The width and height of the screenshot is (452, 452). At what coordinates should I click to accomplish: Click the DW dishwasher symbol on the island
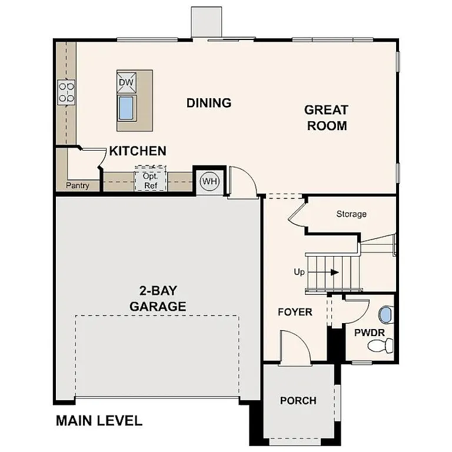pyautogui.click(x=127, y=82)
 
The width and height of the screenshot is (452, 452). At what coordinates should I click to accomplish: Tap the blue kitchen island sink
pyautogui.click(x=127, y=108)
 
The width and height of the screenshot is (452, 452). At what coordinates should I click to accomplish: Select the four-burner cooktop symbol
pyautogui.click(x=66, y=92)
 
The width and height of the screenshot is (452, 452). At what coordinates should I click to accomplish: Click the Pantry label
pyautogui.click(x=78, y=186)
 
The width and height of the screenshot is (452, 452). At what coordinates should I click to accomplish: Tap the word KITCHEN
pyautogui.click(x=138, y=151)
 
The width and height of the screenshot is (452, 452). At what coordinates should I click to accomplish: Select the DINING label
pyautogui.click(x=209, y=103)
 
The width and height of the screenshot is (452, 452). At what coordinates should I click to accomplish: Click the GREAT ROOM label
pyautogui.click(x=326, y=118)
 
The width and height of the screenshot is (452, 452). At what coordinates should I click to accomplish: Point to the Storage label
pyautogui.click(x=351, y=214)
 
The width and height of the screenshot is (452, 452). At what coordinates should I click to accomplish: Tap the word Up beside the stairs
pyautogui.click(x=300, y=272)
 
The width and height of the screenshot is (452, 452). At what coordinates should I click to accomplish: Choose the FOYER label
pyautogui.click(x=295, y=312)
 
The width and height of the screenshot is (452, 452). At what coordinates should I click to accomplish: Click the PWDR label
pyautogui.click(x=369, y=333)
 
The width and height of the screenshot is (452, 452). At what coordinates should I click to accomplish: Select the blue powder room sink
pyautogui.click(x=385, y=315)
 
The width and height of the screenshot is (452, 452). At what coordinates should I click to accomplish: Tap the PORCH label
pyautogui.click(x=298, y=401)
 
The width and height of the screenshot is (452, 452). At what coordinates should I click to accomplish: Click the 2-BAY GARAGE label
pyautogui.click(x=158, y=299)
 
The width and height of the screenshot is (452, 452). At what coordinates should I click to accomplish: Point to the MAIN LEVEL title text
pyautogui.click(x=99, y=421)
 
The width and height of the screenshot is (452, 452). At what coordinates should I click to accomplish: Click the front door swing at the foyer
pyautogui.click(x=295, y=347)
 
